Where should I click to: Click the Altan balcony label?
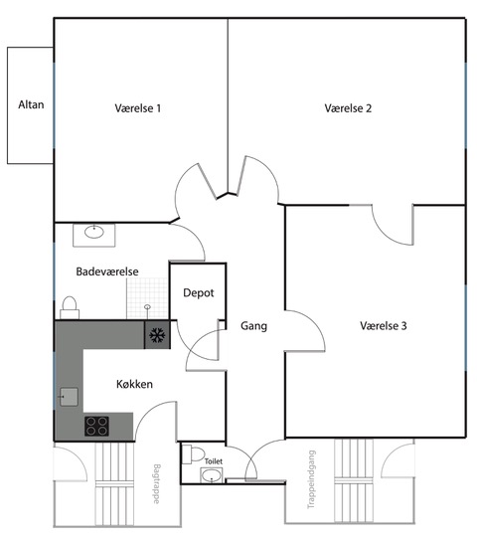[31, 104]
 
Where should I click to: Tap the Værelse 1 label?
[138, 108]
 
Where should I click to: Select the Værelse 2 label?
[348, 108]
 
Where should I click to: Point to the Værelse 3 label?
[384, 326]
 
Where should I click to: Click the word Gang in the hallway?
[253, 326]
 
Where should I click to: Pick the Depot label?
[199, 293]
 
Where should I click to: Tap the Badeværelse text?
[107, 271]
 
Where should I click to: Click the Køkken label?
[134, 384]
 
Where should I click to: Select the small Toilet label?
[214, 461]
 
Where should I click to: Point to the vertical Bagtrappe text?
[156, 483]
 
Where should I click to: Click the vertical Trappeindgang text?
[311, 479]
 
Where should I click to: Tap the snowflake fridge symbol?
[157, 335]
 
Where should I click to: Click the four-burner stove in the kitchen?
[96, 426]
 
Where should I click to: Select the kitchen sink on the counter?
[69, 397]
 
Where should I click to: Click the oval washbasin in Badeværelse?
[94, 232]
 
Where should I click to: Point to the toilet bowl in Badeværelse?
[70, 307]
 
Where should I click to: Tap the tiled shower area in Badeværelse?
[147, 298]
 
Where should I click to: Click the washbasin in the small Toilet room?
[212, 475]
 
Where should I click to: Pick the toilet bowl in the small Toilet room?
[194, 454]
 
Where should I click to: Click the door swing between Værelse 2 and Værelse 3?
[394, 226]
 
